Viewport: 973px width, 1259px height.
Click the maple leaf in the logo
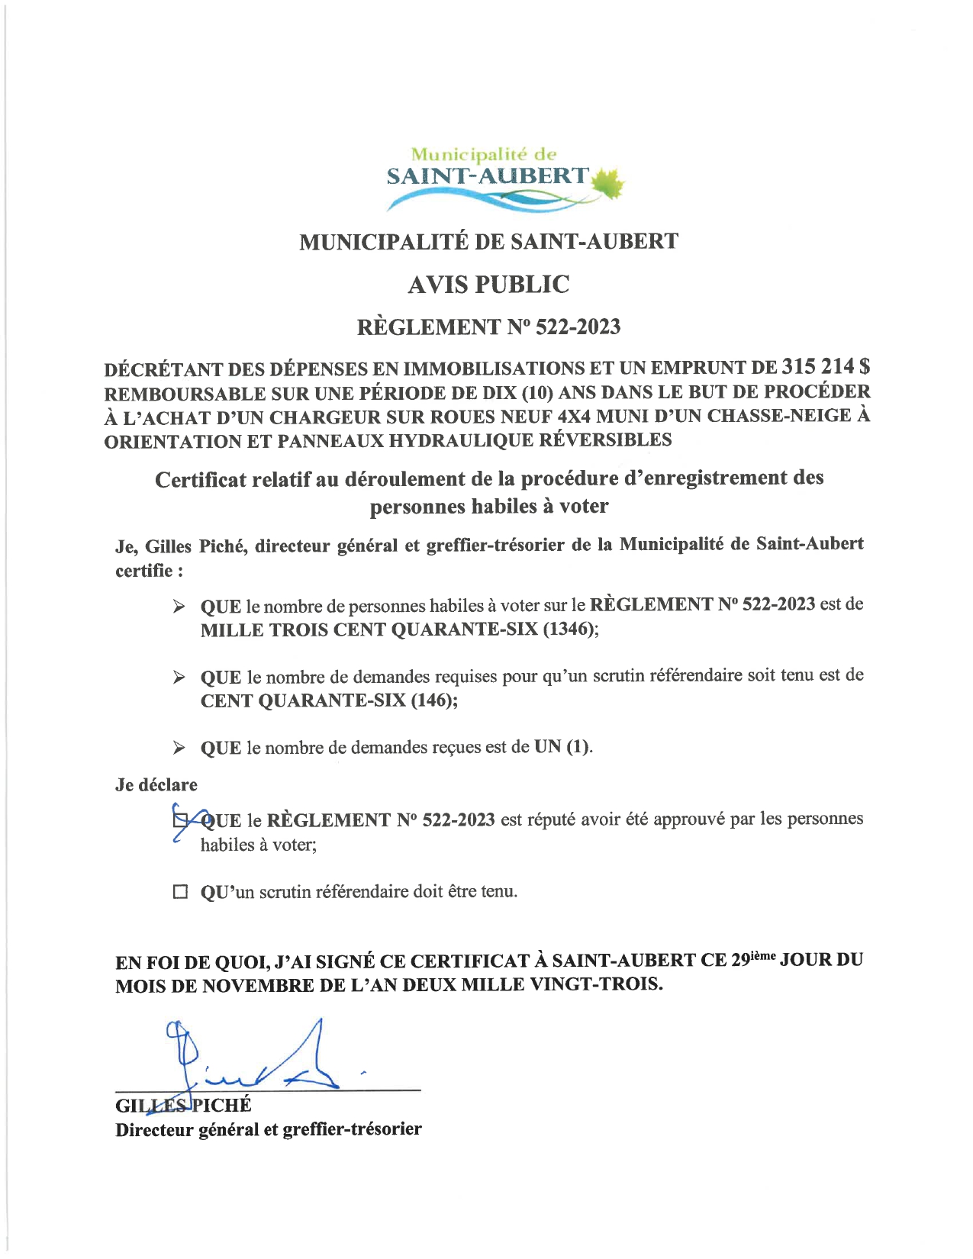click(607, 183)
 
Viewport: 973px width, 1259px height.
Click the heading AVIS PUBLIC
click(488, 285)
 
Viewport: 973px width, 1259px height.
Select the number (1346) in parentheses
click(571, 630)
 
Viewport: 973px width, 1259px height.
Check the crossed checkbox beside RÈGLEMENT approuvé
click(180, 821)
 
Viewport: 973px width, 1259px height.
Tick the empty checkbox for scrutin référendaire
click(180, 891)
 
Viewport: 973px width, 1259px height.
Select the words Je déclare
click(156, 784)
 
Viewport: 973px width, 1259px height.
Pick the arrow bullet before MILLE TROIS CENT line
click(179, 607)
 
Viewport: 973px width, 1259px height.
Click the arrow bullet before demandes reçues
click(179, 748)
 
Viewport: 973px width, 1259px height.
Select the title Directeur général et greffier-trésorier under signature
click(268, 1129)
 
